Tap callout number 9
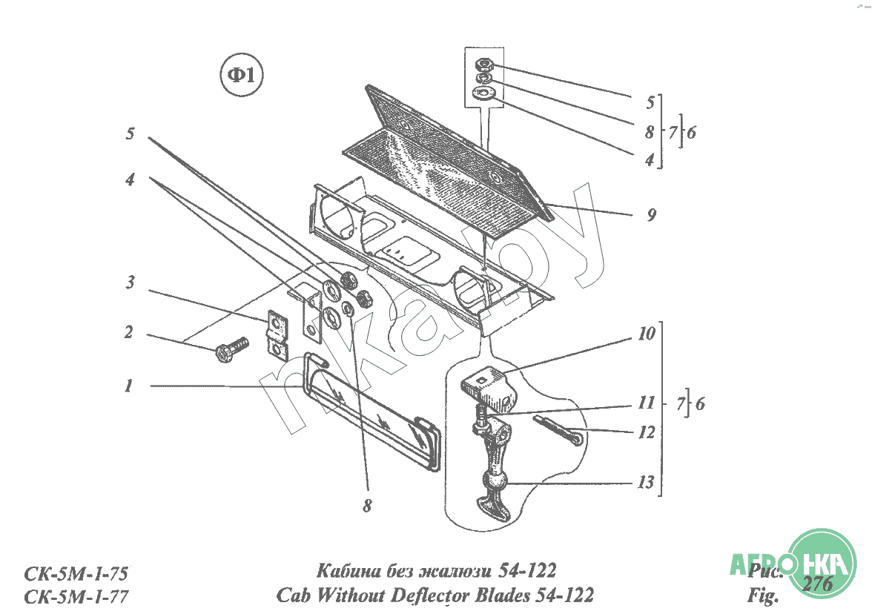click(x=651, y=215)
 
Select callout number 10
click(x=646, y=334)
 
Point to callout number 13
click(x=646, y=483)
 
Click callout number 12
click(x=646, y=432)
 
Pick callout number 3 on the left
click(x=130, y=283)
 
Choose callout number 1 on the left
click(x=128, y=386)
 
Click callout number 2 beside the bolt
click(x=128, y=332)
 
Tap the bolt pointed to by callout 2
click(x=232, y=349)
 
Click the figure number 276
click(x=817, y=584)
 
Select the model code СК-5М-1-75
click(x=76, y=574)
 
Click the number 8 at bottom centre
click(x=367, y=506)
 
